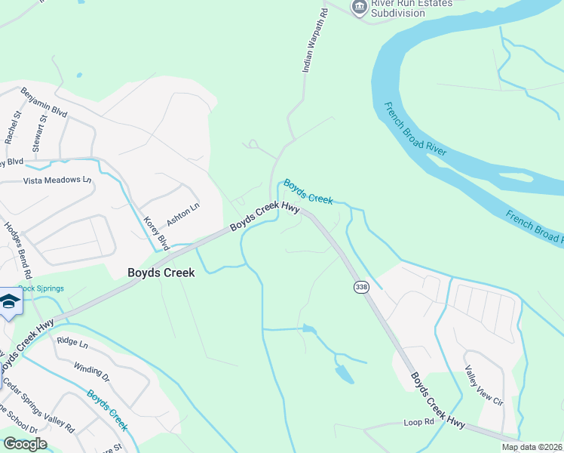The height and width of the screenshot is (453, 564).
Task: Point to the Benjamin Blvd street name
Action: point(44,102)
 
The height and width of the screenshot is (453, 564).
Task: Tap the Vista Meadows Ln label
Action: point(57,180)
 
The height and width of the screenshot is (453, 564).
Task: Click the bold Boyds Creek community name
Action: point(161,273)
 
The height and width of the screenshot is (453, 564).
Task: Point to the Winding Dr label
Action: point(92,371)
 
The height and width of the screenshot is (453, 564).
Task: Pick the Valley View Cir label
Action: point(484,386)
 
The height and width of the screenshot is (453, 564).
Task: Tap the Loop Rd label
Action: point(419,423)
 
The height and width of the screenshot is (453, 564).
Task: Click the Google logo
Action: point(25,444)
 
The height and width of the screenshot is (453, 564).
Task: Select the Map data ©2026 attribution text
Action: point(532,447)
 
